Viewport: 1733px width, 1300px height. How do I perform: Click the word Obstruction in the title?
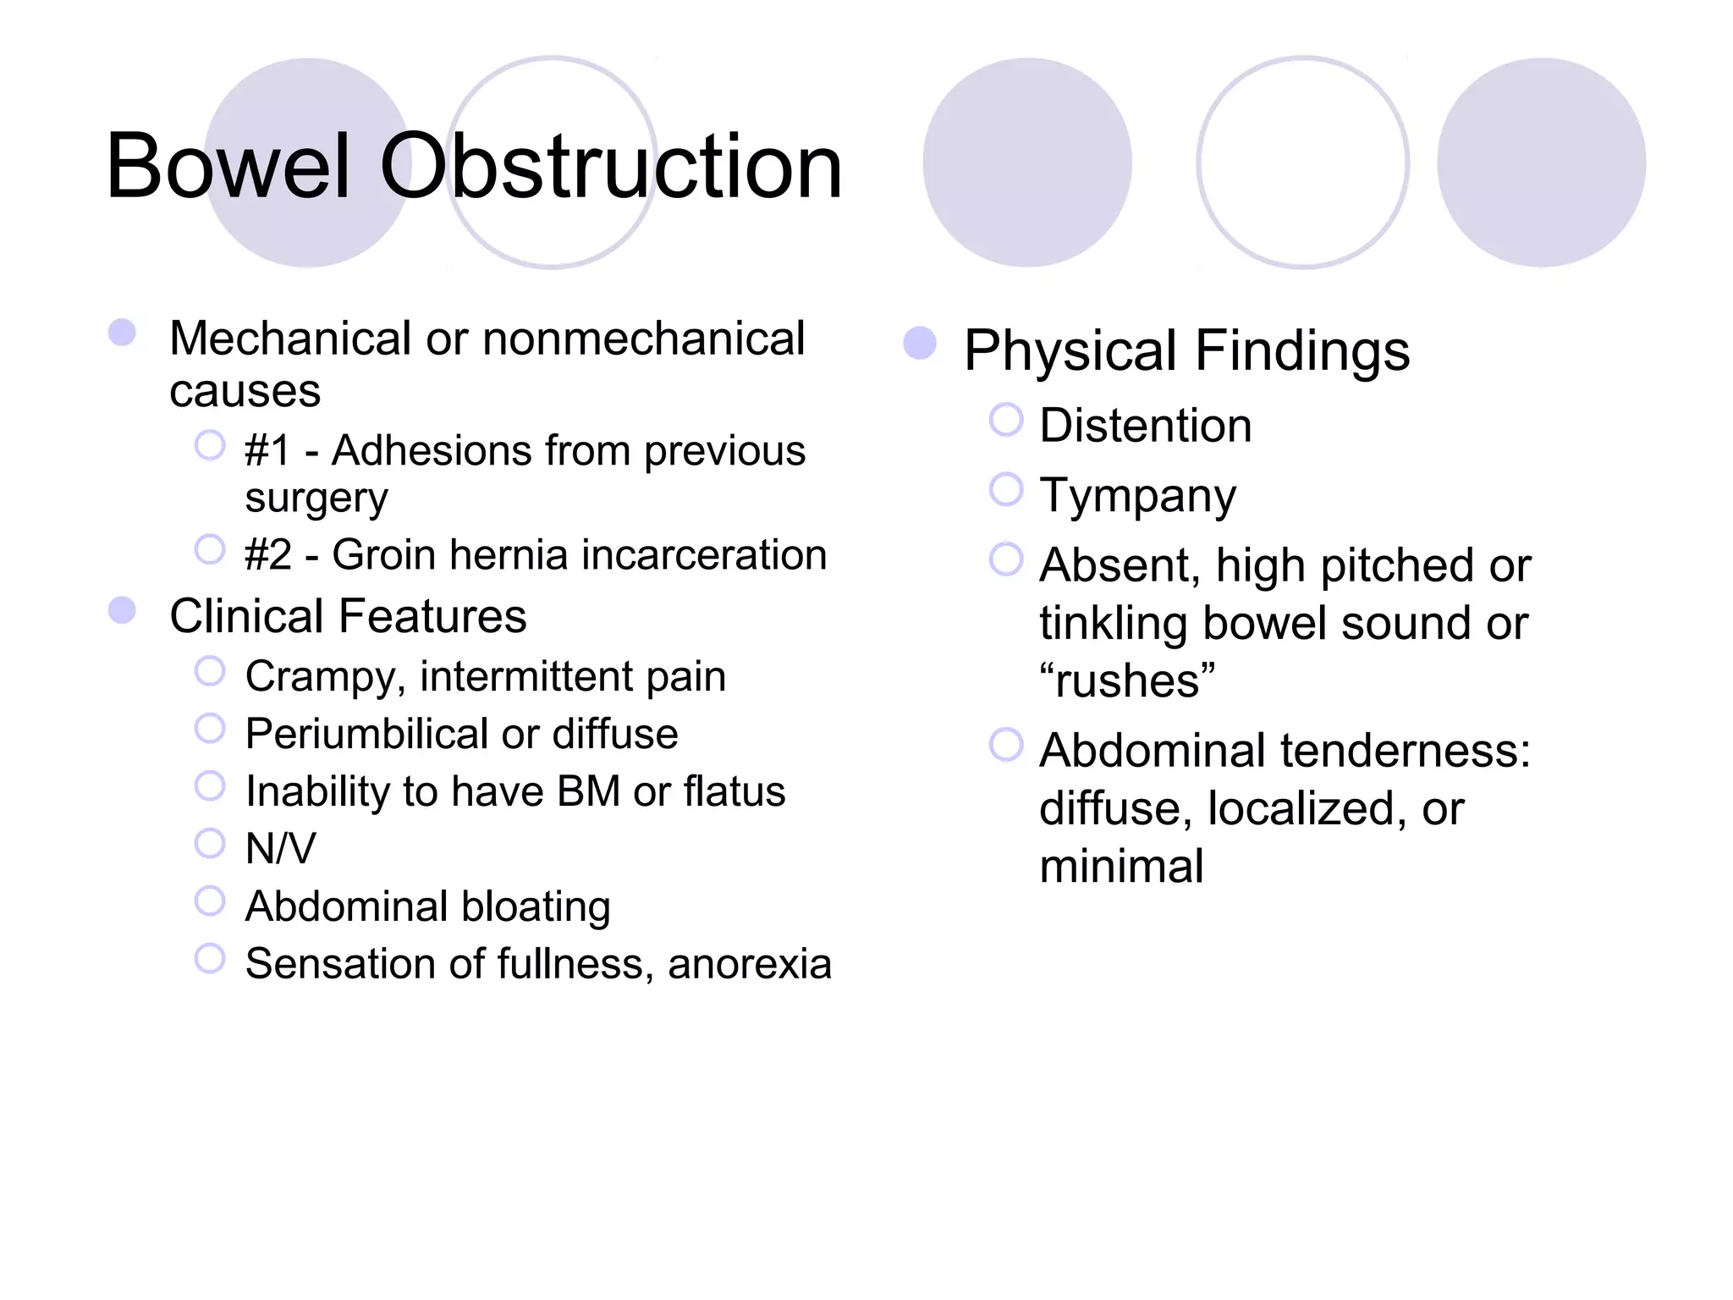click(611, 167)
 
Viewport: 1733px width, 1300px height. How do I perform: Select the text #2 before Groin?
click(267, 555)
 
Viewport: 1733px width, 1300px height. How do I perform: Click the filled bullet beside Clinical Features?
click(123, 610)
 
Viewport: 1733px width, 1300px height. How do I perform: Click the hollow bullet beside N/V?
click(210, 843)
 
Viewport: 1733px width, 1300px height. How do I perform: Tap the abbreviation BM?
click(588, 791)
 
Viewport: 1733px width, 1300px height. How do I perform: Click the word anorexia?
click(749, 964)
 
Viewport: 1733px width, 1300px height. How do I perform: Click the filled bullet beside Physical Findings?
click(920, 344)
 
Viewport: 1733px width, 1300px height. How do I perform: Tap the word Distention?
click(1145, 425)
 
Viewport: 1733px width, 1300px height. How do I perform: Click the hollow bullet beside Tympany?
click(1006, 489)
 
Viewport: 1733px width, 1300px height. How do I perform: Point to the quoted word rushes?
click(1127, 681)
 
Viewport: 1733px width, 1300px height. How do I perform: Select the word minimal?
click(1121, 867)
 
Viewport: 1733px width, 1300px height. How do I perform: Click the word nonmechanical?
click(643, 339)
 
